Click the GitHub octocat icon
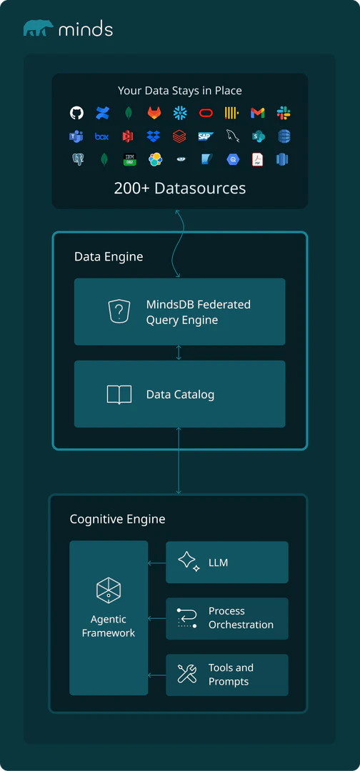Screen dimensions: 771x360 pos(76,113)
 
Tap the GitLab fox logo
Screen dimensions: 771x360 pos(154,113)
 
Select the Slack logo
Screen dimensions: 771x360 pos(284,113)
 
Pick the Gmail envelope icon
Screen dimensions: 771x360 pos(258,113)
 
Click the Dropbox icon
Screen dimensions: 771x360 pos(154,136)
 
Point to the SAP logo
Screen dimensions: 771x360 pos(206,136)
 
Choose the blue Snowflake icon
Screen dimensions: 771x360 pos(180,113)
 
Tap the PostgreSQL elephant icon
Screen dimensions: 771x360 pos(77,159)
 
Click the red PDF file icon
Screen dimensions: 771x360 pos(258,159)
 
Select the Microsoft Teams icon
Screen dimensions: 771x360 pos(76,136)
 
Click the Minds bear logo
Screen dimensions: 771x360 pos(38,29)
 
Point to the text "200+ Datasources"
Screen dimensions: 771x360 pos(180,188)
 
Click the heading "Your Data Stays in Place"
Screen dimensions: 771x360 pos(180,91)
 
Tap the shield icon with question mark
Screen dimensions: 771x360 pos(119,312)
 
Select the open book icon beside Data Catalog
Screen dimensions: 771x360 pos(119,395)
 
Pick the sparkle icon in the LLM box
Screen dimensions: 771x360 pos(188,561)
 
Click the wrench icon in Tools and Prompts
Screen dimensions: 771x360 pos(187,674)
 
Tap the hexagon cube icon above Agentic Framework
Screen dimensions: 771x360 pos(109,590)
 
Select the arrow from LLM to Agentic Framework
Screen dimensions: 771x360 pos(156,564)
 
